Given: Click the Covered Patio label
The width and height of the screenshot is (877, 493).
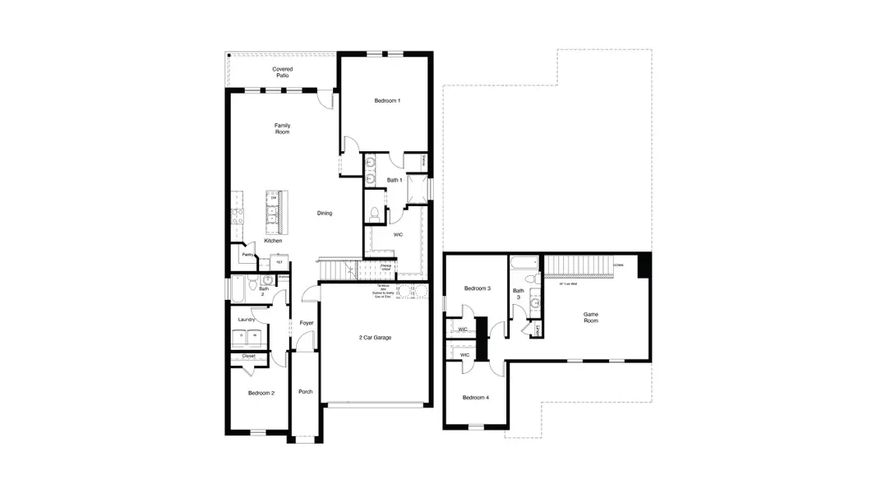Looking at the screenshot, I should click(x=282, y=72).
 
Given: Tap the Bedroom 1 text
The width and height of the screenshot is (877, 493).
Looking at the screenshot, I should click(x=387, y=100).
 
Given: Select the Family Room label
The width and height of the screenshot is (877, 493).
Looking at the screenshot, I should click(x=282, y=129).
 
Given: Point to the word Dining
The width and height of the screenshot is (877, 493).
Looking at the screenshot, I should click(x=325, y=214).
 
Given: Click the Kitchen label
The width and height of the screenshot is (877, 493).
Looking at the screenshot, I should click(x=273, y=241).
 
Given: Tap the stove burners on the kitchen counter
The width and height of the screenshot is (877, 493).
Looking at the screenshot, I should click(x=238, y=216).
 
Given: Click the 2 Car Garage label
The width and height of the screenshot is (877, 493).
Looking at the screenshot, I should click(x=374, y=338).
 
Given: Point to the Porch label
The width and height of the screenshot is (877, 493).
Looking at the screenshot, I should click(x=305, y=391).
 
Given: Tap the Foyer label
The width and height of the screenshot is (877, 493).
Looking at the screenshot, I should click(x=306, y=323).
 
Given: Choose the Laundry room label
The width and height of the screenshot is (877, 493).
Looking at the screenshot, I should click(x=246, y=320).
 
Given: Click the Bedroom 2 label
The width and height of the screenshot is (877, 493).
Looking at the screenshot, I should click(x=261, y=394).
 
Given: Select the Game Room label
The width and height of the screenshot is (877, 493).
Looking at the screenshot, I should click(x=590, y=317).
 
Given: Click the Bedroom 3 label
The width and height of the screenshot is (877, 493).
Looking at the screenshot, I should click(x=477, y=288).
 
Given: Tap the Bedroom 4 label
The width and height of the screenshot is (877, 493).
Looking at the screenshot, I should click(x=475, y=398).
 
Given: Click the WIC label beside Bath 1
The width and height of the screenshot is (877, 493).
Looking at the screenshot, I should click(x=398, y=235).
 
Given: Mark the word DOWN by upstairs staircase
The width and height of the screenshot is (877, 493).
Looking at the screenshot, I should click(x=617, y=265).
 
